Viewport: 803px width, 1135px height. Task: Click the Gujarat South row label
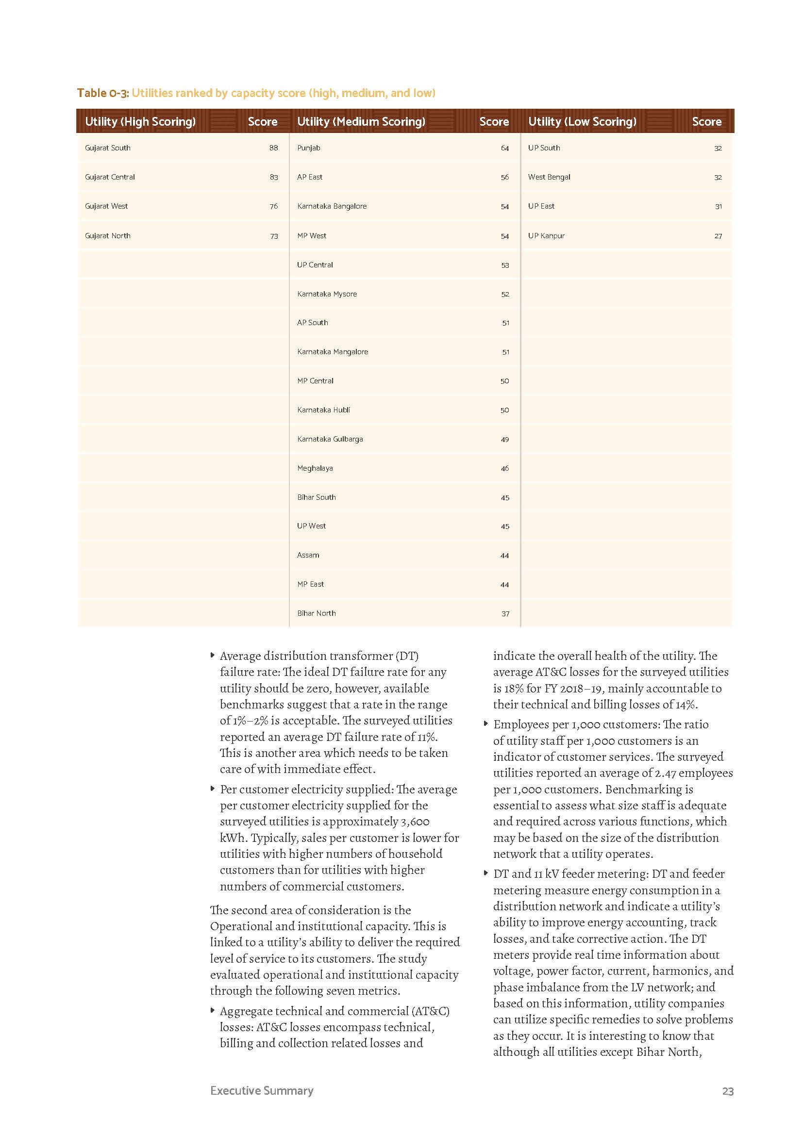[x=107, y=148]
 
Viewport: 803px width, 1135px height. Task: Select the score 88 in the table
[x=273, y=148]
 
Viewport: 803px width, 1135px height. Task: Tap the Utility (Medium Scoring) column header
[x=361, y=122]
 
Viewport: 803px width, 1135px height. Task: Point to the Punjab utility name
[x=309, y=148]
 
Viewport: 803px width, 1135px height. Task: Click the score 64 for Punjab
[x=504, y=148]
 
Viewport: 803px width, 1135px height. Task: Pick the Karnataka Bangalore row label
[x=332, y=206]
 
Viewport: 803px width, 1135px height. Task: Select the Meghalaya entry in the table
[x=315, y=468]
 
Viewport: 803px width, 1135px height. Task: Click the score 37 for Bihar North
[x=505, y=614]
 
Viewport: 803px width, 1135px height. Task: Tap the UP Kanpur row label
[x=546, y=236]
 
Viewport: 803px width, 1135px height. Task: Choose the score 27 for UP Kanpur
[x=718, y=236]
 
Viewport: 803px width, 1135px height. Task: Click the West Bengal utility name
[x=549, y=177]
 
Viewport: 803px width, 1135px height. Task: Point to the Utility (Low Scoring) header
[x=582, y=122]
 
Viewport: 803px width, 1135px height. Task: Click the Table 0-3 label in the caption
[x=102, y=93]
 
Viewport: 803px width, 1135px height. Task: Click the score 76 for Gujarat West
[x=273, y=206]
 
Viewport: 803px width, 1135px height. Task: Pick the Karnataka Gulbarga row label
[x=330, y=439]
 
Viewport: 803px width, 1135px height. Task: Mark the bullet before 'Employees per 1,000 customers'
[x=486, y=724]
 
